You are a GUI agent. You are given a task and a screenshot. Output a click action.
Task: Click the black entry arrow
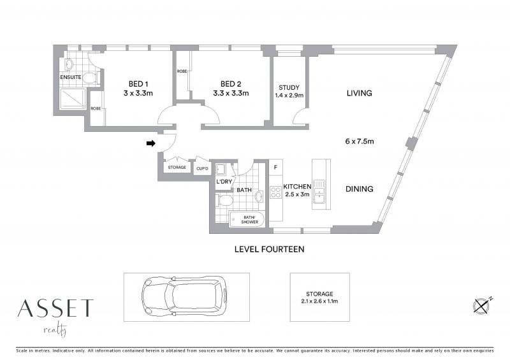[x=151, y=143]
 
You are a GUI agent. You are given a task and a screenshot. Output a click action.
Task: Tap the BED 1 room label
[x=138, y=84]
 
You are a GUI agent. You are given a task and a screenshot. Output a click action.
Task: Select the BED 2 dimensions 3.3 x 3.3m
[x=231, y=93]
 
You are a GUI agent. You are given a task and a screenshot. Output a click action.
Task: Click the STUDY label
[x=289, y=87]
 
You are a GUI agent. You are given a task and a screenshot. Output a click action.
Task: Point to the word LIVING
[x=359, y=93]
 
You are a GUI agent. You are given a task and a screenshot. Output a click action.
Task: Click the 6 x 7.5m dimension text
[x=360, y=141]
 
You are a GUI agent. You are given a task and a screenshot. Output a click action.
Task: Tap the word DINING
[x=359, y=189]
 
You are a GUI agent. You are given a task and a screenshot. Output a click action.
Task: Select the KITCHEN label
[x=297, y=187]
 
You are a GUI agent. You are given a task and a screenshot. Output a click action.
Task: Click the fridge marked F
[x=276, y=168]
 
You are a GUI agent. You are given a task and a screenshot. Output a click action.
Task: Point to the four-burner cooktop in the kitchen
[x=276, y=192]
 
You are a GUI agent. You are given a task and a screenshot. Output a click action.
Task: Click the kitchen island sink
[x=319, y=192]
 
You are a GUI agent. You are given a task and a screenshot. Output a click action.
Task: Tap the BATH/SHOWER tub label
[x=249, y=220]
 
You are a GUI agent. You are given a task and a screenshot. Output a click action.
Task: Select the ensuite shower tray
[x=73, y=99]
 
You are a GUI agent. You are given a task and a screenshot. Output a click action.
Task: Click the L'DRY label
[x=224, y=182]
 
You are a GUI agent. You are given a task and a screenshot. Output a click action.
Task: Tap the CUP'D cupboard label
[x=202, y=168]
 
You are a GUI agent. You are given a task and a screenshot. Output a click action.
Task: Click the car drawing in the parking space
[x=184, y=296]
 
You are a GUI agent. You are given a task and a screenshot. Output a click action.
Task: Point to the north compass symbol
[x=482, y=305]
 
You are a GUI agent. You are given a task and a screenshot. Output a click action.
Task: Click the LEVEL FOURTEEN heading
[x=269, y=249]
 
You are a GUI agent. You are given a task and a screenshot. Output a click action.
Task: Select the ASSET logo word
[x=55, y=308]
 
